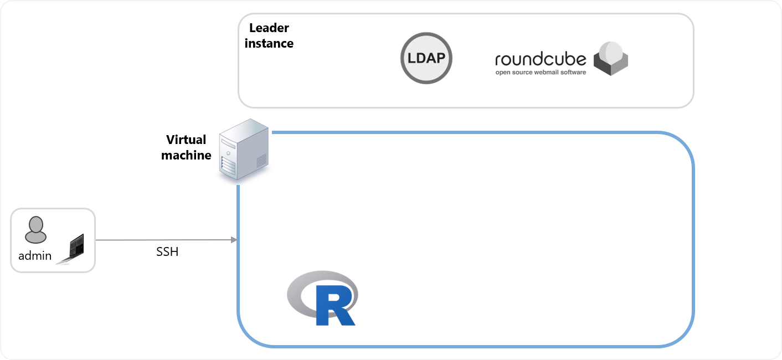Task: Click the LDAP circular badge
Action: pos(426,58)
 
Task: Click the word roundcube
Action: pos(540,59)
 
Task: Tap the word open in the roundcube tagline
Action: pos(503,73)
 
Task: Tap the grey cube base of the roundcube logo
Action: pos(611,68)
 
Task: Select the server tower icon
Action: pos(239,151)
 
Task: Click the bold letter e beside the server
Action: pos(208,156)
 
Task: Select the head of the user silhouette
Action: pos(35,225)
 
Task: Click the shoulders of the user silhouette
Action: pos(35,238)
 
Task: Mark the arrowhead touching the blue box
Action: pos(235,240)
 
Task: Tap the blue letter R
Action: pos(332,305)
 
